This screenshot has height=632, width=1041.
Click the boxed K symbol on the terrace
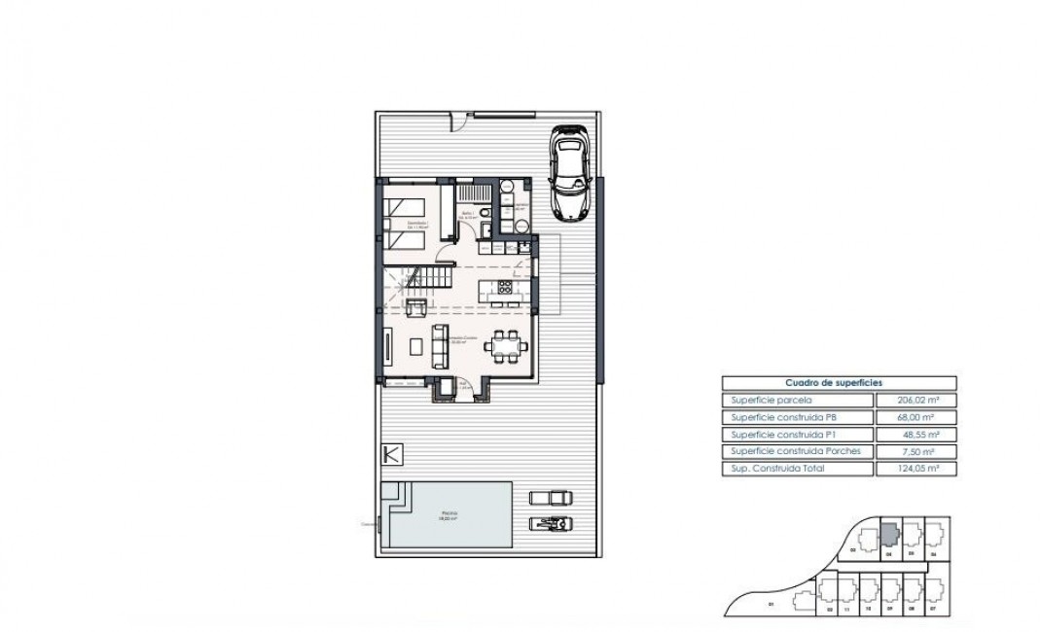click(x=390, y=454)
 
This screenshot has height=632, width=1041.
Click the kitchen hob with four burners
click(x=505, y=288)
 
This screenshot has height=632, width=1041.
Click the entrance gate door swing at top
click(x=456, y=122)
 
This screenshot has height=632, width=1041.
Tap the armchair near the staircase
click(x=414, y=309)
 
